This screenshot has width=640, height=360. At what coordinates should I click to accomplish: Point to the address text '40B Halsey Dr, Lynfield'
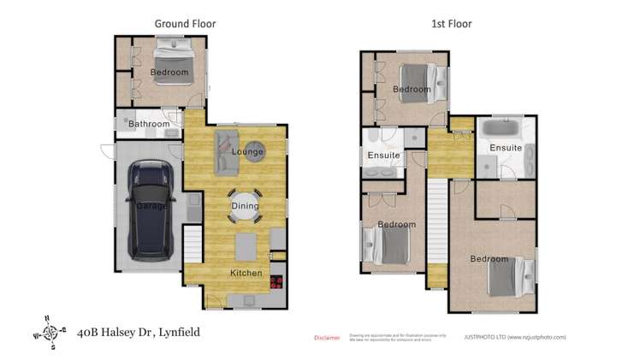coord(138,331)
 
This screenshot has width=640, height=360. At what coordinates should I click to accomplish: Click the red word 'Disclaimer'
coord(327,338)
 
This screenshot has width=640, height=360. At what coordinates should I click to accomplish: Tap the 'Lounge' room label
coord(246,151)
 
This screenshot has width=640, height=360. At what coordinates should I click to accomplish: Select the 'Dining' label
coord(245,205)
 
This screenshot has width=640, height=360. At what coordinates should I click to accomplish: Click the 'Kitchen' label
coord(246,273)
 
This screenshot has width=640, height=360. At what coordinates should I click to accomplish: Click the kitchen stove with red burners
coord(277,281)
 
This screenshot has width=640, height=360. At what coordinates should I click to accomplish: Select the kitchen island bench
coord(246,246)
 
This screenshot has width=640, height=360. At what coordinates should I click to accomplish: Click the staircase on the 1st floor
coord(437,222)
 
